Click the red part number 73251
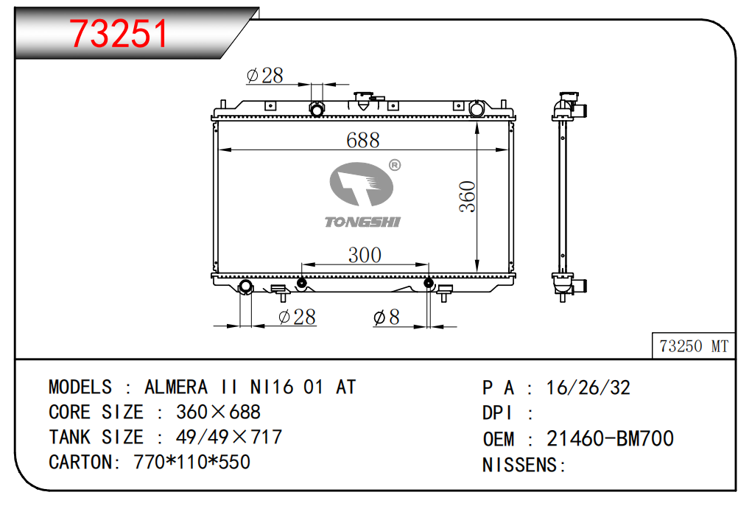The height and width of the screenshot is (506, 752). point(119,34)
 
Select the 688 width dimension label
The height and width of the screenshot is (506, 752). point(363,140)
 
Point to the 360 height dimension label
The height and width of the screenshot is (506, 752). point(467,197)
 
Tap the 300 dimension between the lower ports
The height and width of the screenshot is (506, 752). point(365,255)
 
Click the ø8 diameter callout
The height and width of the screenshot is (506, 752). point(386,317)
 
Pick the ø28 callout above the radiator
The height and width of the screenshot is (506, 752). point(264,75)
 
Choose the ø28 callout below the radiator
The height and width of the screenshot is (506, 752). point(297,317)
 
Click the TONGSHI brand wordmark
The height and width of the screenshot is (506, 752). point(362,222)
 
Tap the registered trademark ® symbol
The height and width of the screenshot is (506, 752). point(395,166)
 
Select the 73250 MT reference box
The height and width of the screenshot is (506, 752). point(694,345)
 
